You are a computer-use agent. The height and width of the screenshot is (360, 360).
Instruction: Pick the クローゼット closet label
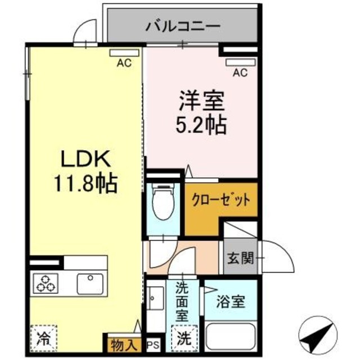pyautogui.click(x=220, y=200)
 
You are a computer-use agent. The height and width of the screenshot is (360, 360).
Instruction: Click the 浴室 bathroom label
pyautogui.click(x=231, y=301)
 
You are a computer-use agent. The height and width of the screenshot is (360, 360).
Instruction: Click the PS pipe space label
pyautogui.click(x=152, y=343)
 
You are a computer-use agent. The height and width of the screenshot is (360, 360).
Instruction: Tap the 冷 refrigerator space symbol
pyautogui.click(x=43, y=339)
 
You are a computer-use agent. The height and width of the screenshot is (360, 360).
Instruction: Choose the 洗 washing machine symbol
pyautogui.click(x=184, y=339)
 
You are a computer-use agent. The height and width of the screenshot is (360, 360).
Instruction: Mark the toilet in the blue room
pyautogui.click(x=163, y=201)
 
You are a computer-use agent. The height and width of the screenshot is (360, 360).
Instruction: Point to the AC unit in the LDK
pyautogui.click(x=124, y=53)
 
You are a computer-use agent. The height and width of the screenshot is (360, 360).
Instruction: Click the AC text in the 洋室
pyautogui.click(x=240, y=72)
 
